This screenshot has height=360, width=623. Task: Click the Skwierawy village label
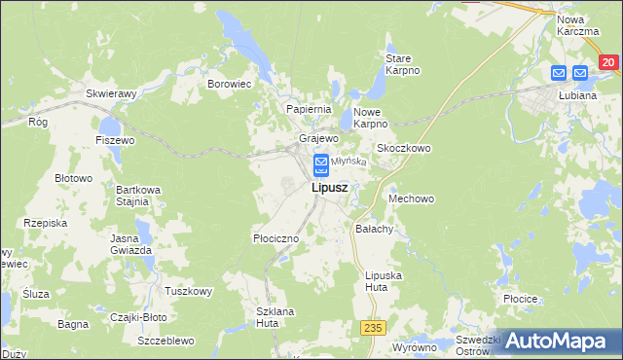[110, 93]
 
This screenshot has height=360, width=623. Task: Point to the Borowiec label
[230, 84]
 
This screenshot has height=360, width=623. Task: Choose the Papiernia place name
[310, 109]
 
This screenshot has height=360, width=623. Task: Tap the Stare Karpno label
[402, 64]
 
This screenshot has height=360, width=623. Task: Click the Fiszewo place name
[115, 140]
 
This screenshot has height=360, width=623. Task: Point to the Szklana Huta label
[275, 317]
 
